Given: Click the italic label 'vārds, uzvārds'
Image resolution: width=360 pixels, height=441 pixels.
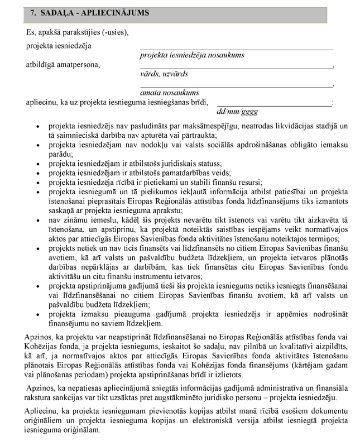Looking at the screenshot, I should click(164, 74).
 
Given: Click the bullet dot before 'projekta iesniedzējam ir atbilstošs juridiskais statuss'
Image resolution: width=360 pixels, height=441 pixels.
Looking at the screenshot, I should click(37, 164).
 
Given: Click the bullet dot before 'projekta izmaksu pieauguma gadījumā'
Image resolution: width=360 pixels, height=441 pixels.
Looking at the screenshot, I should click(37, 314).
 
